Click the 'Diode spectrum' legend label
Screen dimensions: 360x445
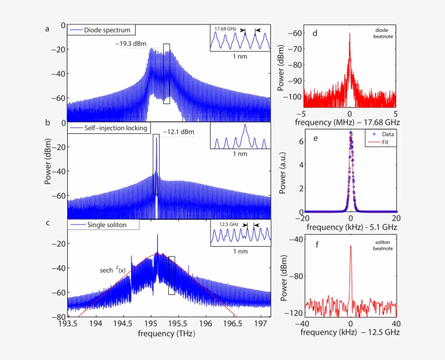106,30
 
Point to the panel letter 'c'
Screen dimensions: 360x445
47,222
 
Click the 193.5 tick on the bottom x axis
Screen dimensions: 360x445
68,324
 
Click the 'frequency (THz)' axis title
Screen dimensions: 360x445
166,334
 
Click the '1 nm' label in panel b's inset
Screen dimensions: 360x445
240,155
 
